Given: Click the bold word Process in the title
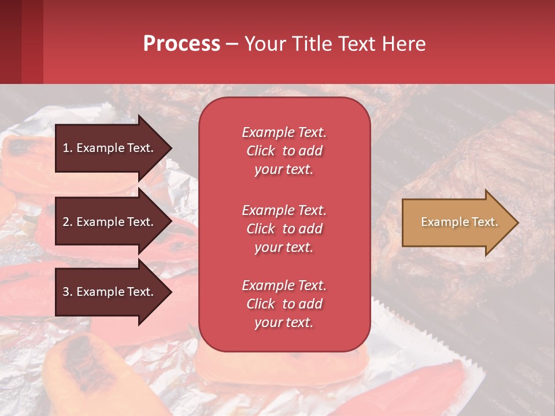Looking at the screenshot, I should [182, 44].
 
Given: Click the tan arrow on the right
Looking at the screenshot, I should [457, 222].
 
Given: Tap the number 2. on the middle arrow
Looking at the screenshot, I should [68, 222].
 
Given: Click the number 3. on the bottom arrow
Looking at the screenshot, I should [68, 292].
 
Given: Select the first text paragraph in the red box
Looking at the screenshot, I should [284, 151].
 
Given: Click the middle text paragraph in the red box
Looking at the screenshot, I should [284, 229].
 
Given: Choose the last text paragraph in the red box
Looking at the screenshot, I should [284, 304].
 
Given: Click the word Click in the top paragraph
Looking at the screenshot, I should [261, 151].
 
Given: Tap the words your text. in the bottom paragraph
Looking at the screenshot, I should [284, 322].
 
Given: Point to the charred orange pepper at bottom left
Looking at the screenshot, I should [75, 370].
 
